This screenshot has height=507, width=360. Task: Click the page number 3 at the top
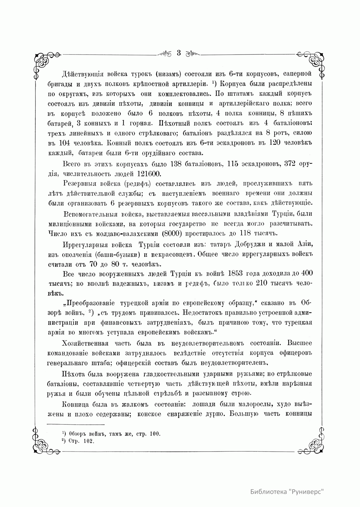(x=179, y=53)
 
